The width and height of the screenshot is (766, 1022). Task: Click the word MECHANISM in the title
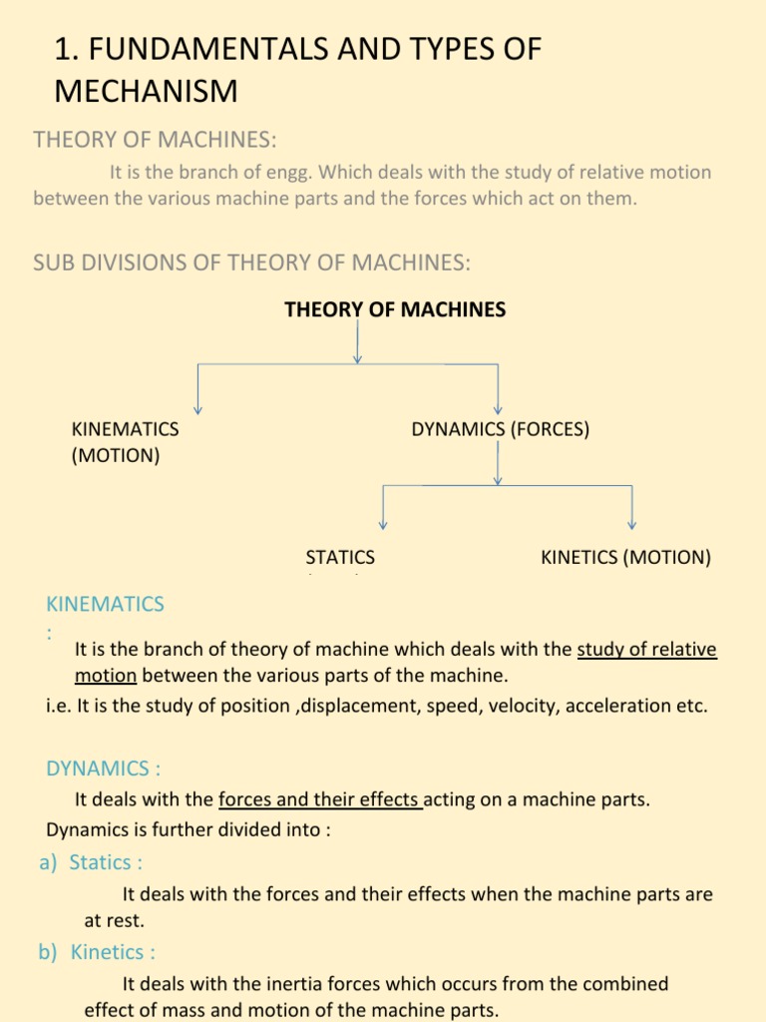pyautogui.click(x=146, y=91)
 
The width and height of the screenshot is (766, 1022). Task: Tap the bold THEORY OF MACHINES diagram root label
pyautogui.click(x=395, y=309)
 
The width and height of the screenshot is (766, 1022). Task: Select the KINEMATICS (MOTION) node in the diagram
pyautogui.click(x=125, y=442)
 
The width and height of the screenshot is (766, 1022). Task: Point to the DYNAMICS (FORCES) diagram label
pyautogui.click(x=500, y=429)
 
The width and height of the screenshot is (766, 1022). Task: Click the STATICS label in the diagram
pyautogui.click(x=340, y=558)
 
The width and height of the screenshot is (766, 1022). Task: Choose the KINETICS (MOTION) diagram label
pyautogui.click(x=625, y=558)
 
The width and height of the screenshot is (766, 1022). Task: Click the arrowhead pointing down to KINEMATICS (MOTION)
pyautogui.click(x=198, y=408)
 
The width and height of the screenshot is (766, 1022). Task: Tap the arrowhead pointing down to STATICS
pyautogui.click(x=382, y=524)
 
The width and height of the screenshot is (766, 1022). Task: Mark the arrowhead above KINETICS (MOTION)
pyautogui.click(x=631, y=524)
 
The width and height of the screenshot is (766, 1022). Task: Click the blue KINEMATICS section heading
pyautogui.click(x=105, y=604)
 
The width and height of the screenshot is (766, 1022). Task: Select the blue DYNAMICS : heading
pyautogui.click(x=103, y=768)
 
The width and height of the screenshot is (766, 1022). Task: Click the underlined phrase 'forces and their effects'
pyautogui.click(x=320, y=799)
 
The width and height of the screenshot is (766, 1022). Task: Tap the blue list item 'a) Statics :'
pyautogui.click(x=91, y=862)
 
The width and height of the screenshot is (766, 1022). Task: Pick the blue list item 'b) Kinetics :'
pyautogui.click(x=97, y=952)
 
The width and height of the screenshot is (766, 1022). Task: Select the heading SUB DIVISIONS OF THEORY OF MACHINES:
pyautogui.click(x=251, y=262)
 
